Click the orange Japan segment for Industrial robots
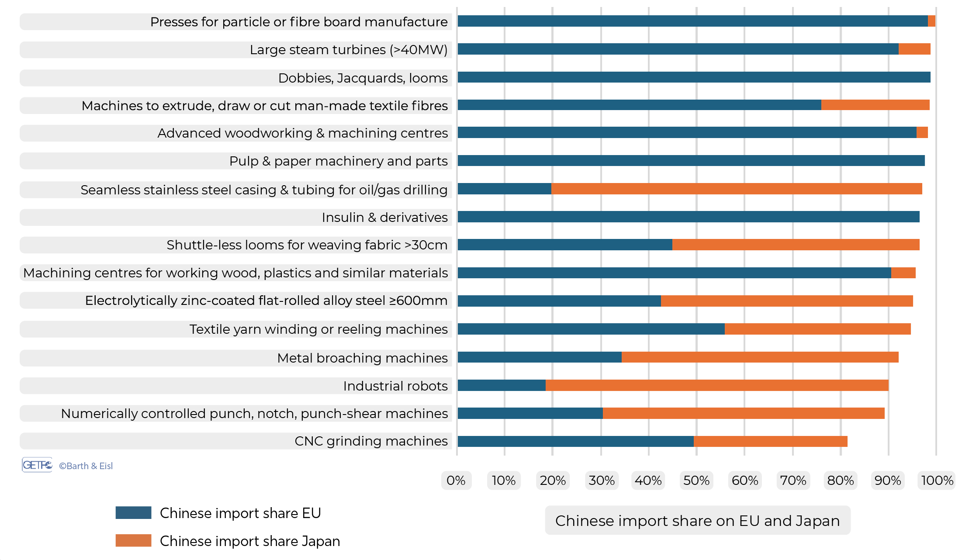click(x=716, y=385)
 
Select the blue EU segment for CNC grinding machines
click(x=575, y=441)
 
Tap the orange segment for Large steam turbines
click(x=914, y=49)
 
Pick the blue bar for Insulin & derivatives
click(x=688, y=217)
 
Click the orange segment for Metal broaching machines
click(x=760, y=357)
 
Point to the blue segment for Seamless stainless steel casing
click(x=504, y=189)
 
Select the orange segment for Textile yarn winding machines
click(x=817, y=329)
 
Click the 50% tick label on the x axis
click(x=696, y=480)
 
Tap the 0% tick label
click(x=456, y=480)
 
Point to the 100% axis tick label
click(x=937, y=480)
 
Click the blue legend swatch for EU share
click(x=133, y=513)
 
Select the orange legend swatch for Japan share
click(x=133, y=541)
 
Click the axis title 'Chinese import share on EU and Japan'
click(x=697, y=521)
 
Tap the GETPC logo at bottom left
click(x=37, y=465)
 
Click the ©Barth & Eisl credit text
click(x=86, y=466)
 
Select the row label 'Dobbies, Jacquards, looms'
click(x=363, y=78)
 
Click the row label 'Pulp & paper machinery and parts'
click(x=338, y=161)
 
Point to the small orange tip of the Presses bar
click(x=931, y=21)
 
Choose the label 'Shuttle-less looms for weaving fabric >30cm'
click(x=307, y=245)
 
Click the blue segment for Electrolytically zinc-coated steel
click(x=559, y=301)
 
